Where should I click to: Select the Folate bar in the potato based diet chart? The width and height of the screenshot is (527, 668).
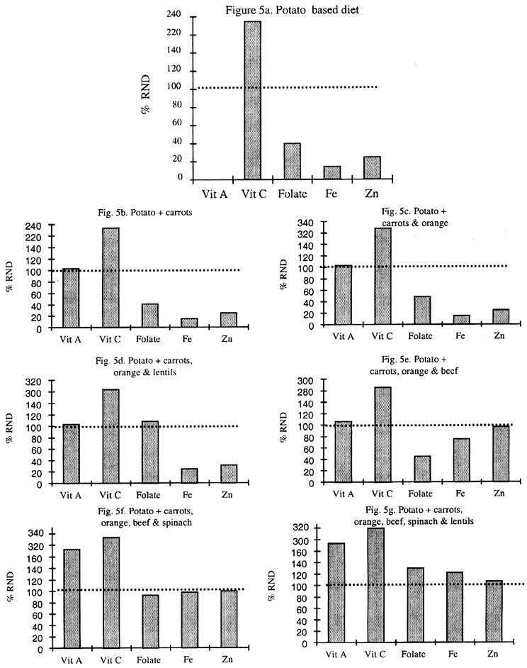pyautogui.click(x=292, y=161)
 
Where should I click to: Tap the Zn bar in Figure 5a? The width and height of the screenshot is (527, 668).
pyautogui.click(x=372, y=167)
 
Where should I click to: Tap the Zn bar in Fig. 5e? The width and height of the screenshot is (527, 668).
pyautogui.click(x=501, y=454)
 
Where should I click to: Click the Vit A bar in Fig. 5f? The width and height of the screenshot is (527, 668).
pyautogui.click(x=72, y=598)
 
